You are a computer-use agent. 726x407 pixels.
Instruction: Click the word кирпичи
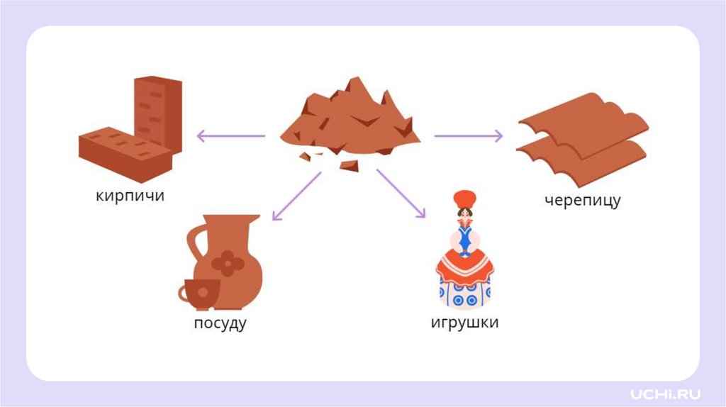[x=130, y=195]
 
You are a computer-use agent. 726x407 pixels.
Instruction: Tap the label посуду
[x=220, y=324]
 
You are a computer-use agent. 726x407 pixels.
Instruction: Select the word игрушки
[x=464, y=323]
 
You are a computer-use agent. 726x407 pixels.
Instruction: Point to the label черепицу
[x=582, y=200]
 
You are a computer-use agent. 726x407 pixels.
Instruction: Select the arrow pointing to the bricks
[x=230, y=135]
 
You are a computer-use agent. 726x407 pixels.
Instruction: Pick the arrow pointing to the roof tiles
[x=469, y=135]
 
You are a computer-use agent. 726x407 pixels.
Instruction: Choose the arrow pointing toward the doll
[x=401, y=194]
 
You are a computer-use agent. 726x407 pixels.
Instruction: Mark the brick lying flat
[x=124, y=152]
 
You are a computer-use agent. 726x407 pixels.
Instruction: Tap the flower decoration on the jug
[x=229, y=263]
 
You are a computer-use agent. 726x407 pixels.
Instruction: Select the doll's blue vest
[x=464, y=238]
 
